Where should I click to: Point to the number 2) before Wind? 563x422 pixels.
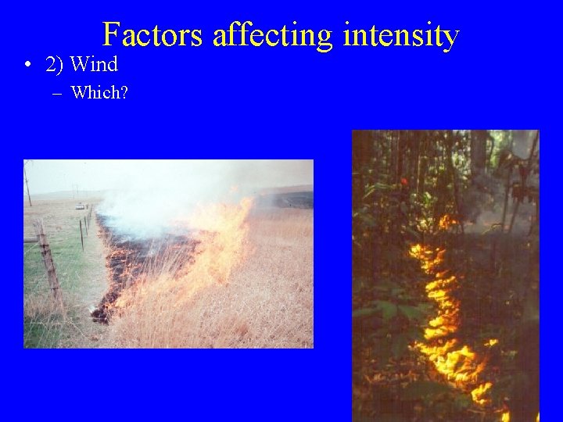coord(55,64)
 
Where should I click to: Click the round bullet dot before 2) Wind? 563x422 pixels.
coord(28,65)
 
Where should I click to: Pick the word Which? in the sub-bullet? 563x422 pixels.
coord(99,93)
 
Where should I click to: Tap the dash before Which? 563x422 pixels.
coord(59,93)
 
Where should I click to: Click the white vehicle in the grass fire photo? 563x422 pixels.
coord(81,206)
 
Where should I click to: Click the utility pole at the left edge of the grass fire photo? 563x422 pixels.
coord(28,184)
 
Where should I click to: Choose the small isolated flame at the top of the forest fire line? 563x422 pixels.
coord(446,222)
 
